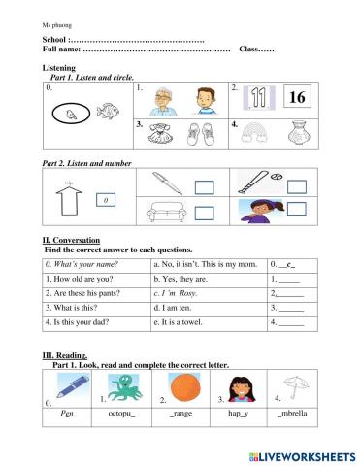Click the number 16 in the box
297,98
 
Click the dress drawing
162,133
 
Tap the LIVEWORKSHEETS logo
302,454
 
